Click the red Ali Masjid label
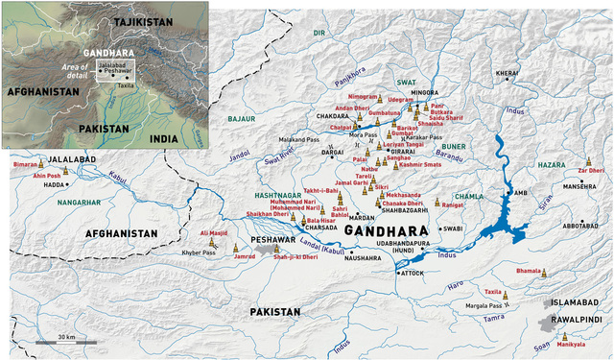click(214, 232)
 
